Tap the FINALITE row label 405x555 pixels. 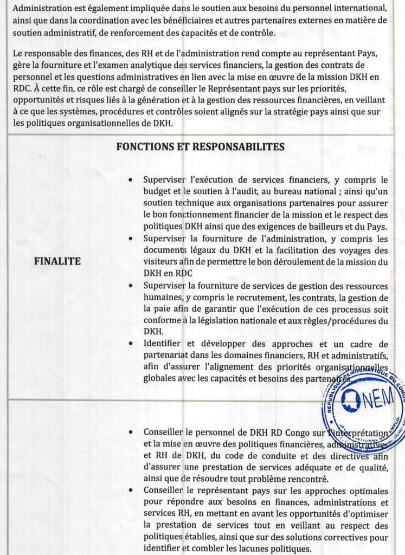tap(57, 261)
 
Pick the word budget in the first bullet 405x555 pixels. tap(157, 191)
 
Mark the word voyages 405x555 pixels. tap(353, 250)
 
